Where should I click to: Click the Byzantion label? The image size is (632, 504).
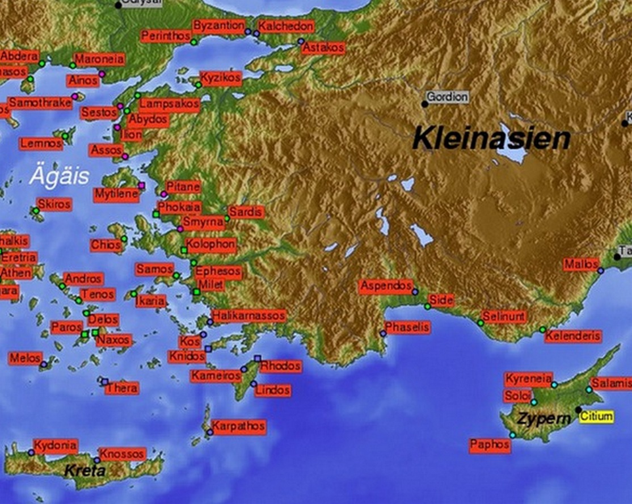(219, 26)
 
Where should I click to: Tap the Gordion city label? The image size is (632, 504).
(447, 97)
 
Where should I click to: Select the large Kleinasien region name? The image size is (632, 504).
(491, 138)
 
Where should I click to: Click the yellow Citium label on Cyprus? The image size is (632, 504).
(596, 417)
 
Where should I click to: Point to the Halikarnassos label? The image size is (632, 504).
(248, 316)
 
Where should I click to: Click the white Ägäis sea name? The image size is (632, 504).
(60, 176)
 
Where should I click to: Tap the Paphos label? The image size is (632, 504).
(490, 445)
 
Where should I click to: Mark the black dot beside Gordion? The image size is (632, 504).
(424, 104)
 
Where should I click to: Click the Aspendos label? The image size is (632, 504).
(386, 286)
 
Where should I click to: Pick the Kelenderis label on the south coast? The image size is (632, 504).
(572, 336)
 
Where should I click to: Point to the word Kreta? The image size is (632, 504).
(85, 471)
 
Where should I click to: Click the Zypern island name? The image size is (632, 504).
(543, 419)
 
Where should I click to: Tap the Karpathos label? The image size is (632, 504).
(238, 426)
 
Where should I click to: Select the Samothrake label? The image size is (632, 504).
(40, 103)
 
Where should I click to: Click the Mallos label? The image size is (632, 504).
(581, 264)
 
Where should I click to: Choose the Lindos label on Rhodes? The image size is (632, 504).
(272, 390)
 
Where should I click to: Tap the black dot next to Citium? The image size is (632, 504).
(579, 409)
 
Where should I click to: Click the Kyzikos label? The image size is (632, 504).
(221, 78)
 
